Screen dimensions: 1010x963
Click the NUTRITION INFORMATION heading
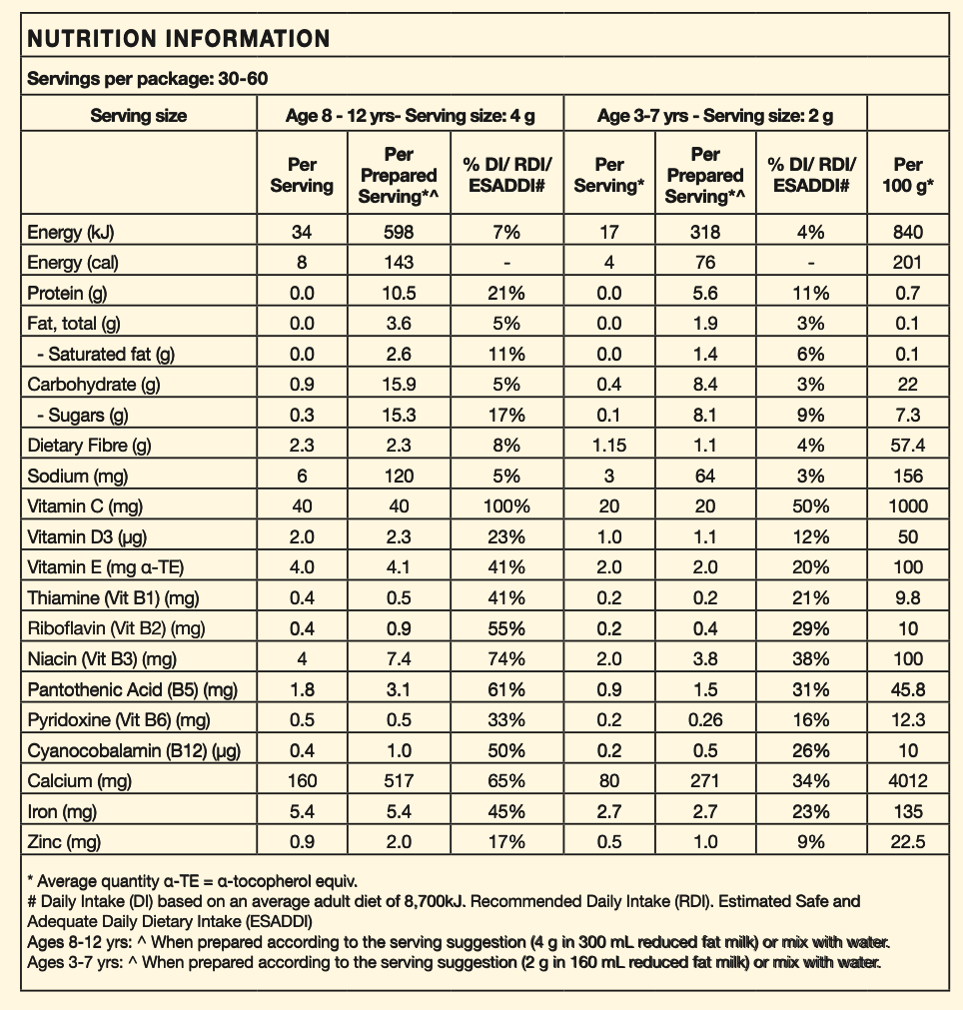178,39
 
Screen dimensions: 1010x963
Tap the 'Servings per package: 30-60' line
147,79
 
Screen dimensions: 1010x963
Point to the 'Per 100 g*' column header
908,175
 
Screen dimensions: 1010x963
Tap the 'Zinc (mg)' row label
65,842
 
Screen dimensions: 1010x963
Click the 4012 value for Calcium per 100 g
908,781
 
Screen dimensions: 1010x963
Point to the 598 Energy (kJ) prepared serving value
398,233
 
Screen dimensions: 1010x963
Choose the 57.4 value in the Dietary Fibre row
908,446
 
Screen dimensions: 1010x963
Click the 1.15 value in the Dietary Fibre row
608,446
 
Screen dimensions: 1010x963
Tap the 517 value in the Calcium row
398,781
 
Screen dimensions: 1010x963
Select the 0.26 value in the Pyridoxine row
704,720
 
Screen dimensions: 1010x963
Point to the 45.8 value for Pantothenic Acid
908,689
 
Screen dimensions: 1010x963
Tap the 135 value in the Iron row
908,812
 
